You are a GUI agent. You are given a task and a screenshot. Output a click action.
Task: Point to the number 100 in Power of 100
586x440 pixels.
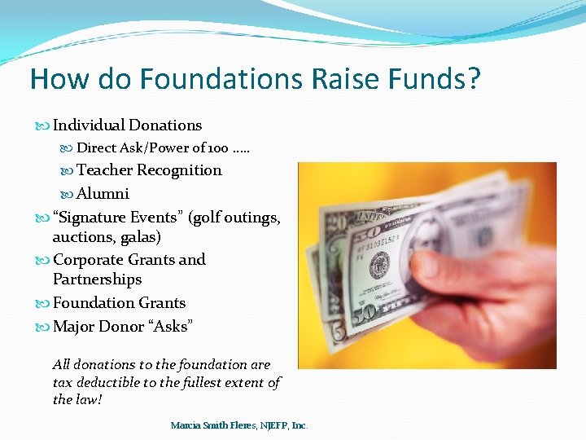point(217,148)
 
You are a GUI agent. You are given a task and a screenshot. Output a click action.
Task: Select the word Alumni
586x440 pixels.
point(103,194)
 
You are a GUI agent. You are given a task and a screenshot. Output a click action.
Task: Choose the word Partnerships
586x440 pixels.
point(97,279)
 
